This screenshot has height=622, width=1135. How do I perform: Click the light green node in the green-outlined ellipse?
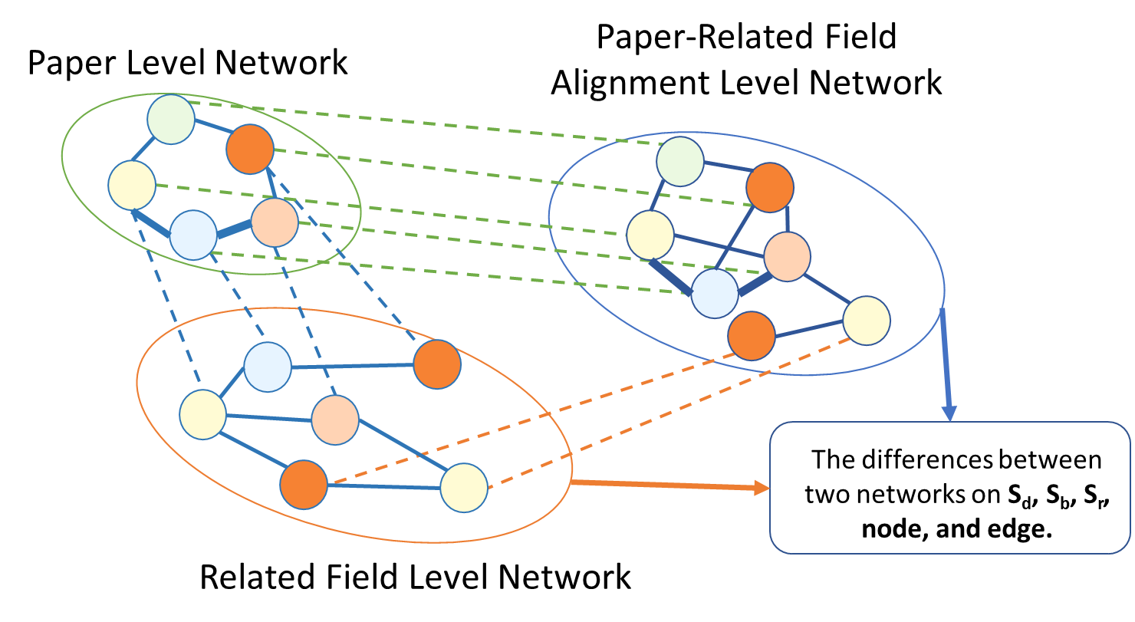171,120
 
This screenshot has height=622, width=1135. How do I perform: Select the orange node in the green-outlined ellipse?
250,149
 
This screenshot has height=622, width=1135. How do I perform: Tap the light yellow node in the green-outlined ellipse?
132,185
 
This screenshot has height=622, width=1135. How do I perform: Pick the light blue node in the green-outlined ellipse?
193,235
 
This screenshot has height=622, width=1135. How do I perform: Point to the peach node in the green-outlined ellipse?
275,222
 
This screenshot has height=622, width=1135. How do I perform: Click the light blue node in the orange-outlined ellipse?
268,367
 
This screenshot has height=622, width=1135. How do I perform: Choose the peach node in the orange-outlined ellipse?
335,420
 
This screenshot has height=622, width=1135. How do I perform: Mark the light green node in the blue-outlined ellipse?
680,161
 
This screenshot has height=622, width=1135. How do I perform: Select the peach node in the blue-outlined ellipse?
787,256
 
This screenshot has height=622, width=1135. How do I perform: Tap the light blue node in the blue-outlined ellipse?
715,293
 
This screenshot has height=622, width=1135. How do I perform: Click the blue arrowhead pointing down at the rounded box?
949,413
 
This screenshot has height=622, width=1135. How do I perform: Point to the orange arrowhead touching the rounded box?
762,488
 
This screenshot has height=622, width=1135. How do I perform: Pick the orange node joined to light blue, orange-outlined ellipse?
437,364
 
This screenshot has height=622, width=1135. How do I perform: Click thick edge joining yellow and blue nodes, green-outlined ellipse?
152,223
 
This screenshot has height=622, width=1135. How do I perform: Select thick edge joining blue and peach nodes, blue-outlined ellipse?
754,281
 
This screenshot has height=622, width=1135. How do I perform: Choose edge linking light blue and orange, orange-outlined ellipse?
353,366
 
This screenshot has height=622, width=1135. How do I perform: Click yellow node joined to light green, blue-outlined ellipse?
650,235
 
